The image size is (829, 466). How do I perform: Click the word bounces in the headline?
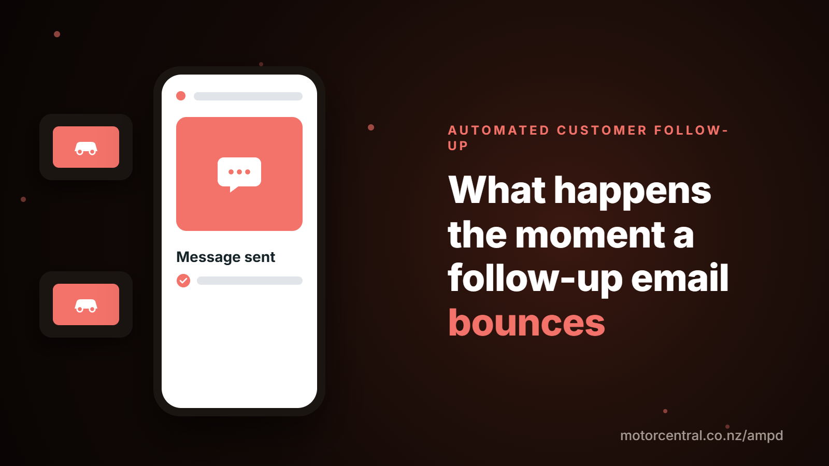coord(526,323)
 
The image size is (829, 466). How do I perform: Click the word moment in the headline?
coord(590,235)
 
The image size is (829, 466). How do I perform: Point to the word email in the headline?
coord(680,278)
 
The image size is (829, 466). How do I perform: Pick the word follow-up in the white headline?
coord(535,280)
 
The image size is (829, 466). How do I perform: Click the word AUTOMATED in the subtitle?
coord(498,130)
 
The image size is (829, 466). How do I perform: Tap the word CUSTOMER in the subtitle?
coord(602,130)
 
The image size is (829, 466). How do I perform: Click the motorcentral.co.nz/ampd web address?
coord(702,435)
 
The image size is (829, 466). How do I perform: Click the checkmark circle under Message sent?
coord(183,281)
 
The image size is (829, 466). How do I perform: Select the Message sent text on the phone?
coord(225,257)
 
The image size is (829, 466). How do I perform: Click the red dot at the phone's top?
coord(181,96)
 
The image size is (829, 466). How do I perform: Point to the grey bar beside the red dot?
coord(248,96)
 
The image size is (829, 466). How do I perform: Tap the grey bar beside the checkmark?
coord(249,281)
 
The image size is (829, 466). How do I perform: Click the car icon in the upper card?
coord(86,148)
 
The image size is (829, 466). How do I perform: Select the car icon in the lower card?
coord(86,306)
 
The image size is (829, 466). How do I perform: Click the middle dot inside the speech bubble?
coord(239,172)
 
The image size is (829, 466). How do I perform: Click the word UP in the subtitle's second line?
coord(458,146)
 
